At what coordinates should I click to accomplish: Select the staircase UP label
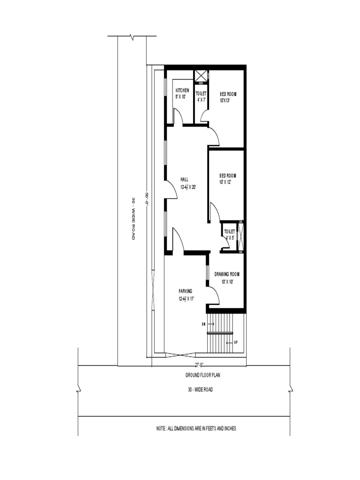tap(236, 343)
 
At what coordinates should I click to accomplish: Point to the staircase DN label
tap(204, 324)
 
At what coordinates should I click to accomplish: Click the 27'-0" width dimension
tap(199, 364)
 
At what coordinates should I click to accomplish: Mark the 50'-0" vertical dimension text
tap(147, 199)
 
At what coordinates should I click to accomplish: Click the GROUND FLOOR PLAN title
tap(203, 375)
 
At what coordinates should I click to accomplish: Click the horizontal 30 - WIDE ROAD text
tap(200, 390)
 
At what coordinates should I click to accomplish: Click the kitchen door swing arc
tap(178, 116)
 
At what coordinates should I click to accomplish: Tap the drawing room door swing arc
tap(213, 294)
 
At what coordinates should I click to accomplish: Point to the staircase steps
tap(220, 323)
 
